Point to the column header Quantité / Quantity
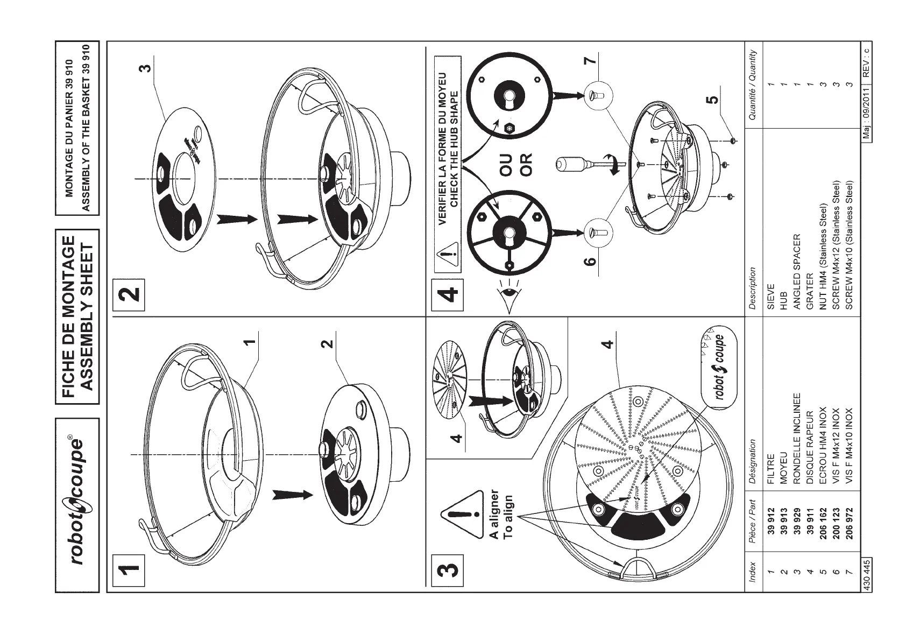752,86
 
